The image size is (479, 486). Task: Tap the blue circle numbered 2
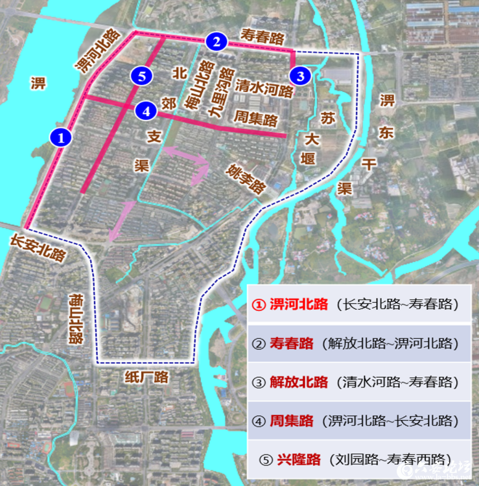coord(215,41)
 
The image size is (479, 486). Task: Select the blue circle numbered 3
coord(299,76)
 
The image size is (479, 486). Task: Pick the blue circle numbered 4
coord(146,111)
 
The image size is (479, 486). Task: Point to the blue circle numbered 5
coord(141,76)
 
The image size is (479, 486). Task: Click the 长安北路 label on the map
coord(38,248)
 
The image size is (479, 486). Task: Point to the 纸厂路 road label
coord(147,376)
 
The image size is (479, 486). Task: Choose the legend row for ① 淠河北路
coord(359,305)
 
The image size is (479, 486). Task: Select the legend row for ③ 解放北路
coord(359,382)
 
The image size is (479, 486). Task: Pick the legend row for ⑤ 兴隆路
coord(359,459)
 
